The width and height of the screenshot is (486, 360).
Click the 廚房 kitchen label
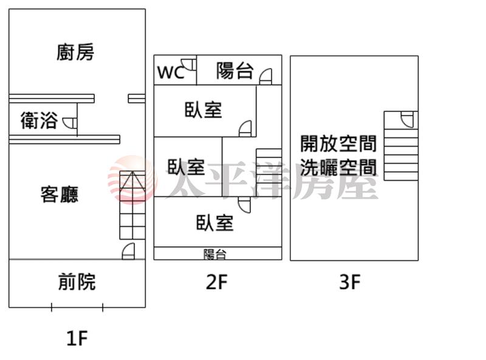click(x=75, y=52)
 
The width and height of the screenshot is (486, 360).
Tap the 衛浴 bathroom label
click(x=39, y=120)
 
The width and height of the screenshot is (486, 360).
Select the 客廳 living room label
click(x=60, y=194)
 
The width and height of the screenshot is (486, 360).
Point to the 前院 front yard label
click(x=77, y=282)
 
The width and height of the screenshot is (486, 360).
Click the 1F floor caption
click(x=77, y=338)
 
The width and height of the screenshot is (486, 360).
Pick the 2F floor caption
click(x=217, y=282)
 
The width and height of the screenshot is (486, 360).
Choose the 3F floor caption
click(x=350, y=282)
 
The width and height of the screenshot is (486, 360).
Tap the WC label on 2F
click(x=171, y=72)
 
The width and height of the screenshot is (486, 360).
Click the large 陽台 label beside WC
click(x=235, y=71)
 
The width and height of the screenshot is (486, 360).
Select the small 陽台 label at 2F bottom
click(x=215, y=254)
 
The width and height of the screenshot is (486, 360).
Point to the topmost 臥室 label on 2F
click(x=204, y=109)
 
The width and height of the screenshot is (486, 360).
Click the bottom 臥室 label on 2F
click(x=215, y=223)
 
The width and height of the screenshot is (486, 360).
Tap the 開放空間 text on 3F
click(x=338, y=144)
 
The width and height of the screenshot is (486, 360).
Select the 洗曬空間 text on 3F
click(x=338, y=167)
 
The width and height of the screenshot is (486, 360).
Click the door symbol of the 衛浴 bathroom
click(x=70, y=123)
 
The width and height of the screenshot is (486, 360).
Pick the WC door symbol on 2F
click(x=188, y=64)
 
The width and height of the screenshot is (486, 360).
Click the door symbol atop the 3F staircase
click(x=407, y=120)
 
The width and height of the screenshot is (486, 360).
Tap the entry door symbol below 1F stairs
click(x=128, y=251)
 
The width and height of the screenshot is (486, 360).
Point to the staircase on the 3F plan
click(x=401, y=146)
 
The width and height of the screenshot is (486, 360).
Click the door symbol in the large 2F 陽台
click(x=265, y=77)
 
